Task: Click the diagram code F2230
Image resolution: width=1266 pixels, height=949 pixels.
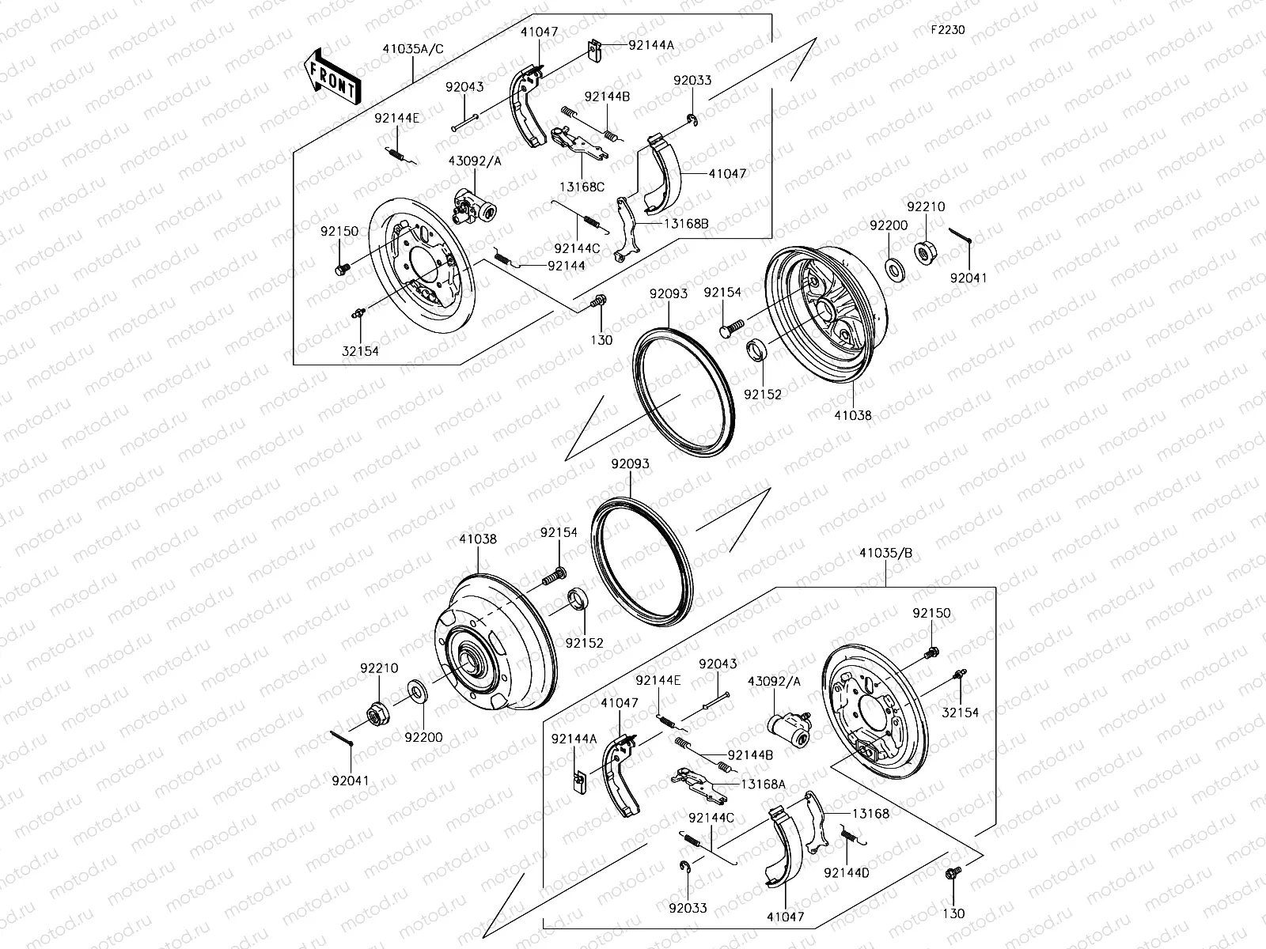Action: pos(947,30)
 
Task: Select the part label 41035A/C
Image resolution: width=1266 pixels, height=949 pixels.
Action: pos(413,49)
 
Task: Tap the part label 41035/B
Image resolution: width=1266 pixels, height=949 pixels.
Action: pos(885,553)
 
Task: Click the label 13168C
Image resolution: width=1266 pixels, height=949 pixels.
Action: pos(583,187)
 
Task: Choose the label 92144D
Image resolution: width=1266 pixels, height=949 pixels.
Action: pos(846,872)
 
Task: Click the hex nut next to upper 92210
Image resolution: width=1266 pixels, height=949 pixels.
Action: pos(923,251)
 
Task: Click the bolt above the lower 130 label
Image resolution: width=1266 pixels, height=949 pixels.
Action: pos(952,874)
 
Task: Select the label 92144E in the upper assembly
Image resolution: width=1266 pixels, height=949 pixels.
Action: pos(397,119)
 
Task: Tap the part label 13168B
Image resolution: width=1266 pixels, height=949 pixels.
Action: pos(686,224)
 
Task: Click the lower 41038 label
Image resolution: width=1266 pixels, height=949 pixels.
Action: pos(478,539)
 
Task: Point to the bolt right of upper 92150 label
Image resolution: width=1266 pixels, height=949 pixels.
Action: pos(342,269)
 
